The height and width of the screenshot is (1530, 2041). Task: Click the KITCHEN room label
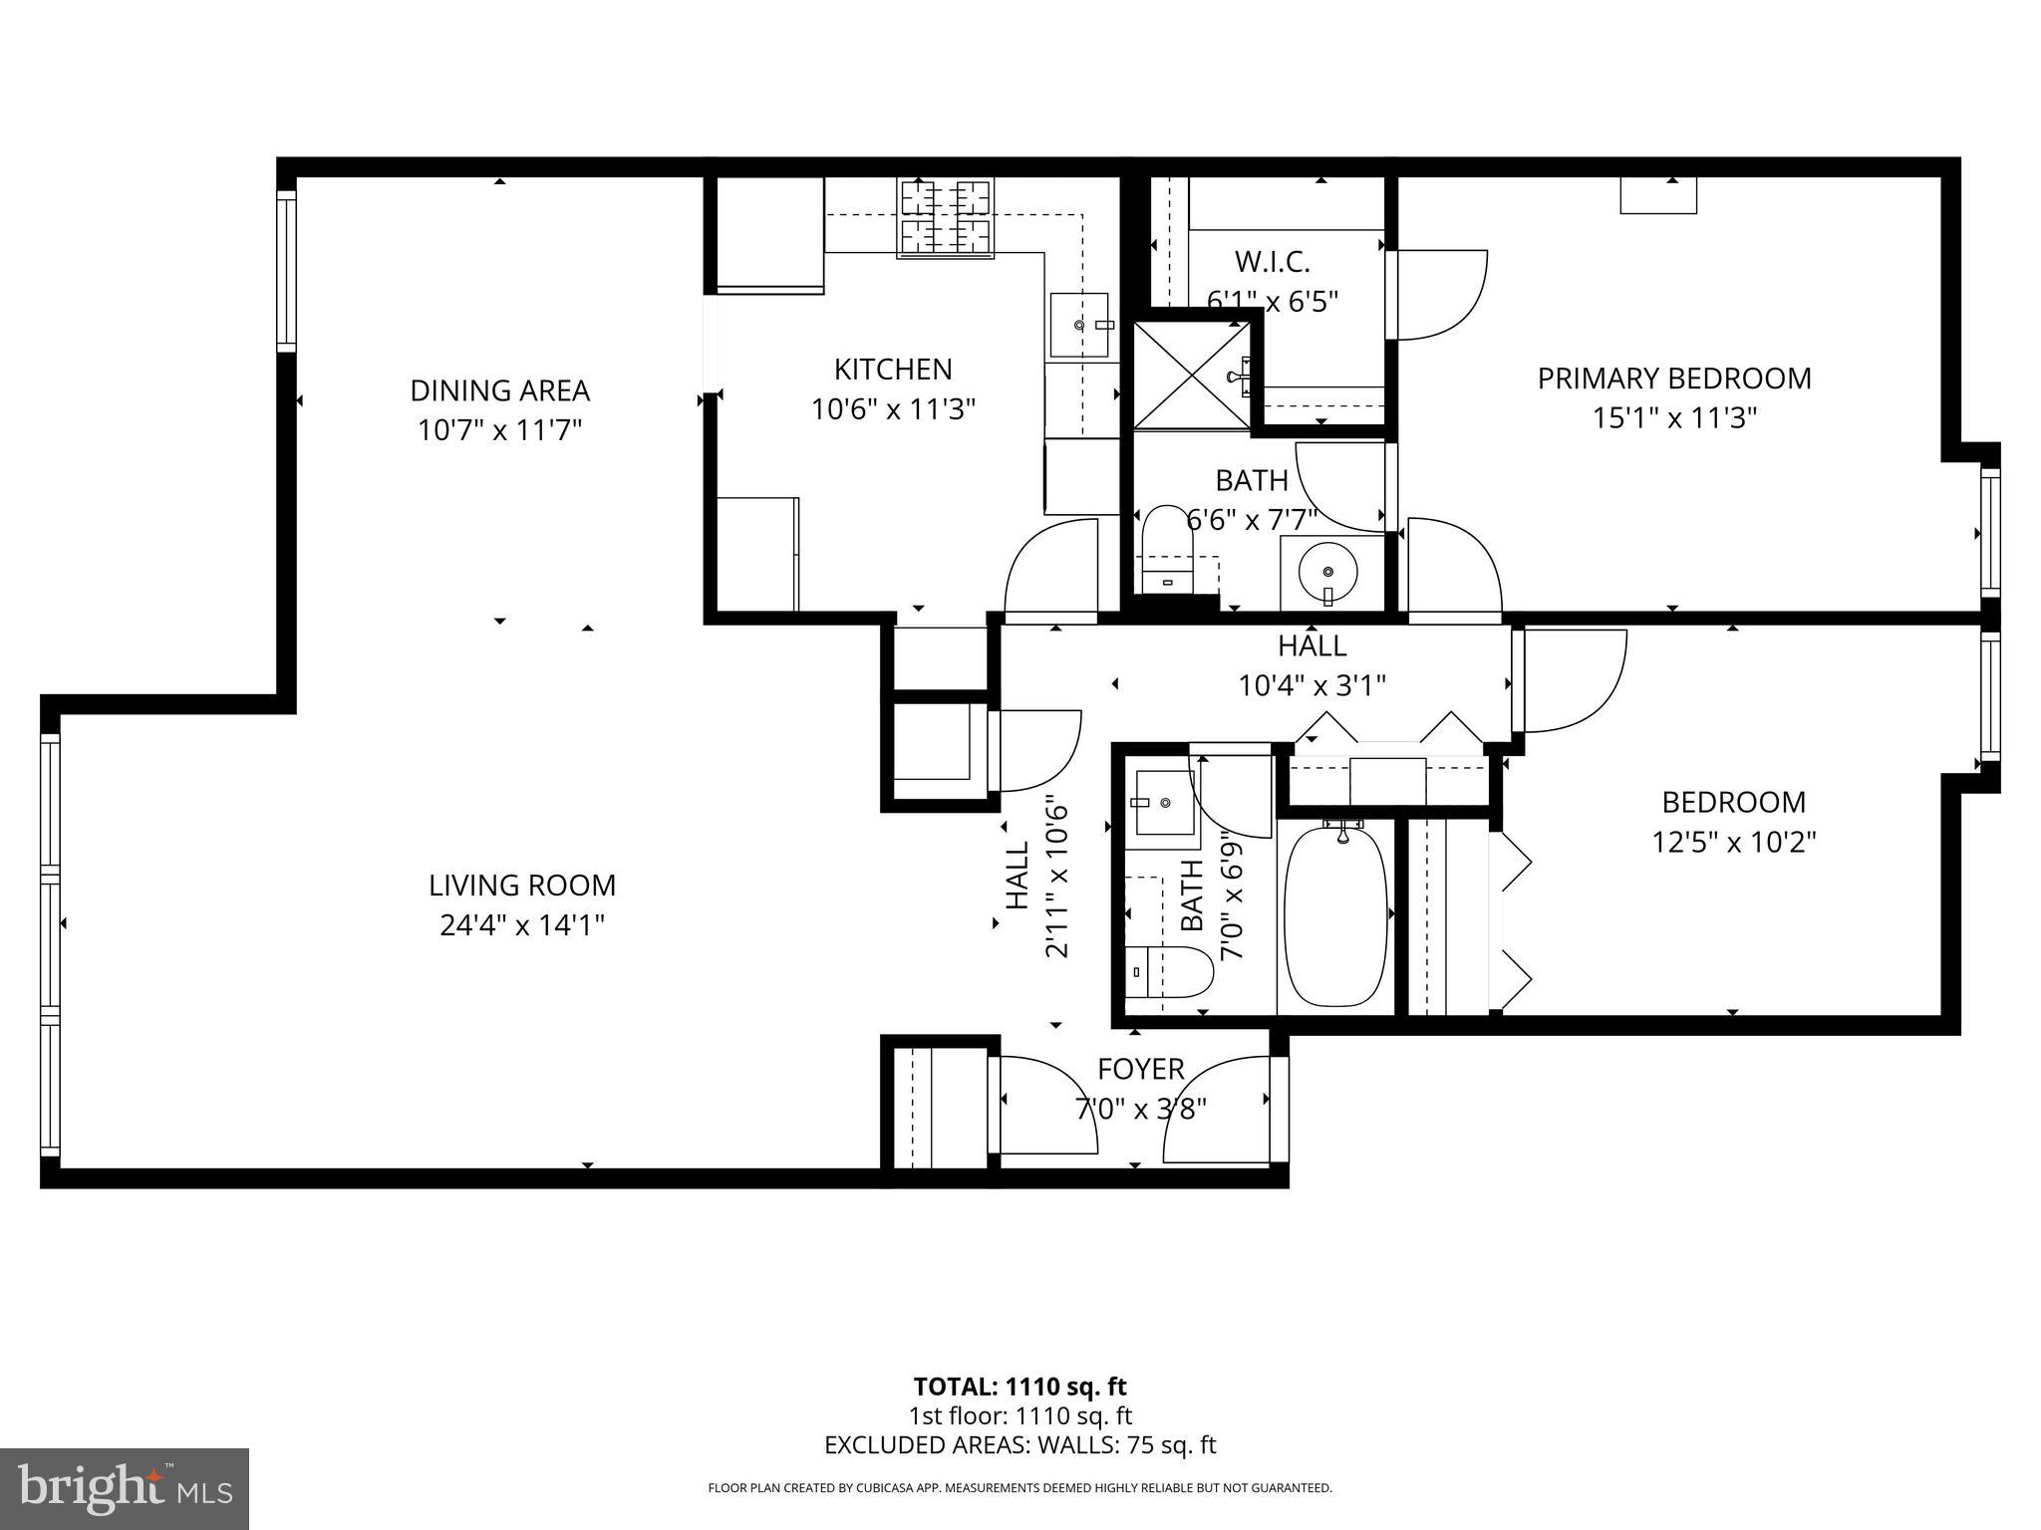(893, 370)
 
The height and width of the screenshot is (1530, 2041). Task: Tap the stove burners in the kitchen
(946, 218)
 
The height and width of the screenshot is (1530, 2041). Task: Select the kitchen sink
(1079, 325)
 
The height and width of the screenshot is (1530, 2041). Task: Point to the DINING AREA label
(500, 390)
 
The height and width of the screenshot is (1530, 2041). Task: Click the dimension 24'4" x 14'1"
(522, 926)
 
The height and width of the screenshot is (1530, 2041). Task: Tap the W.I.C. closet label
(1272, 262)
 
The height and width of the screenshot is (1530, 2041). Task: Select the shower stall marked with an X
(1192, 375)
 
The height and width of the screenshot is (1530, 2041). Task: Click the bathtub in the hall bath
(1335, 916)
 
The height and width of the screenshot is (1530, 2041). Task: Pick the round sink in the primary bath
(1327, 572)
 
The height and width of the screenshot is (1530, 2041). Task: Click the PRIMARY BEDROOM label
(1674, 379)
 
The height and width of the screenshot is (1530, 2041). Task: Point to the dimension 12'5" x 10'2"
(1734, 843)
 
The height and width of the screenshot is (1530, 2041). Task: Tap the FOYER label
(1141, 1070)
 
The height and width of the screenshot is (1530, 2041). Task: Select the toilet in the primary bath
(1167, 548)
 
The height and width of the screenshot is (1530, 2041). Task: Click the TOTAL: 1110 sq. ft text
(1020, 1387)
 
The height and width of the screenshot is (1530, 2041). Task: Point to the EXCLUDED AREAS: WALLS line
(1020, 1445)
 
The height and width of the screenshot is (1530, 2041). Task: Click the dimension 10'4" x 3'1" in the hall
(1312, 686)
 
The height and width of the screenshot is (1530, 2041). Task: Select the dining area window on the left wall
(287, 271)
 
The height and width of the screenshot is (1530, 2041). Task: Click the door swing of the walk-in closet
(1441, 294)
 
